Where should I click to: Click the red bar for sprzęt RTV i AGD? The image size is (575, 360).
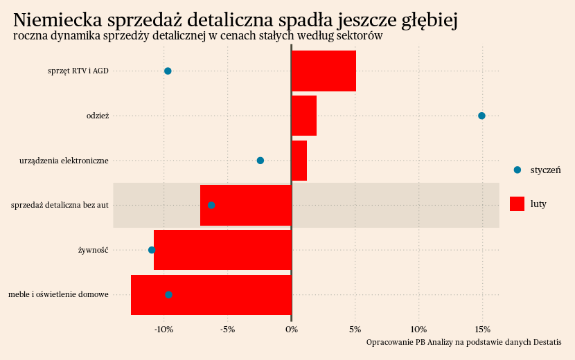click(324, 71)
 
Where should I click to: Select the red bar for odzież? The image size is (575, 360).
click(304, 116)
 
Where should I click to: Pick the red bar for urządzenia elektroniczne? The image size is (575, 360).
click(299, 161)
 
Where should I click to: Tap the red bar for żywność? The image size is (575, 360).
click(222, 250)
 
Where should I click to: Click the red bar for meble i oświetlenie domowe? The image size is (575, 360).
click(211, 295)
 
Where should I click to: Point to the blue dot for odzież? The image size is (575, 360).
click(481, 116)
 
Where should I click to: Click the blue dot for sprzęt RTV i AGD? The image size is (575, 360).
click(168, 71)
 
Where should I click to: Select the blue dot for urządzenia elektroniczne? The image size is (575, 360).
click(260, 161)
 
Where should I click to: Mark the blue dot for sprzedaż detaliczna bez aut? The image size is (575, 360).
click(211, 206)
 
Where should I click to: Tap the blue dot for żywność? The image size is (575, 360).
click(152, 250)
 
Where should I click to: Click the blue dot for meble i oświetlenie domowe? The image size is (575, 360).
click(168, 295)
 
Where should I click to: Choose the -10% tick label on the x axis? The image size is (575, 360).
click(163, 329)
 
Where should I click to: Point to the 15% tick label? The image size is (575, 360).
click(483, 329)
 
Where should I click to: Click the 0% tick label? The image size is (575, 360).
click(292, 329)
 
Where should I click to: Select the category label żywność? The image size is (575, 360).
click(93, 250)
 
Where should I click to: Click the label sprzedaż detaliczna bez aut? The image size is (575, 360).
click(60, 206)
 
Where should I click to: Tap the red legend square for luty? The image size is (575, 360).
click(517, 204)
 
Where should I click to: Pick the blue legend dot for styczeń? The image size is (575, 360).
click(517, 170)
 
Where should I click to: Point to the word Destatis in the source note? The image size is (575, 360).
click(544, 343)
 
